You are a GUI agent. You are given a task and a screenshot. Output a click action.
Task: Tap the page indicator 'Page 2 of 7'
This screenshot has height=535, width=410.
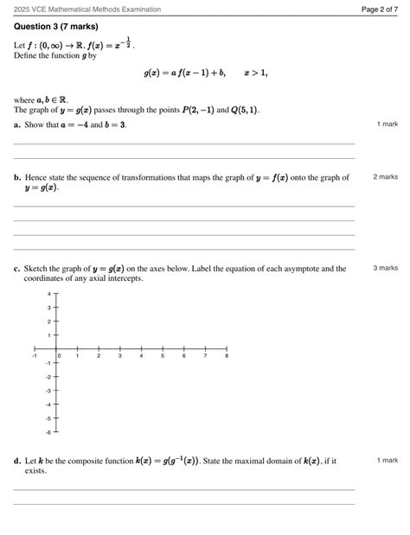tap(379, 9)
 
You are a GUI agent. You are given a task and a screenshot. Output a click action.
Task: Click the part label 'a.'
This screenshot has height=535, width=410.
tap(17, 125)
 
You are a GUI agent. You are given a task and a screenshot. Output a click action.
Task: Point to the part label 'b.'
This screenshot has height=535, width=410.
tap(17, 178)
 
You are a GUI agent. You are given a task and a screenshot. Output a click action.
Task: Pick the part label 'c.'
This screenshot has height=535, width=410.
tap(17, 269)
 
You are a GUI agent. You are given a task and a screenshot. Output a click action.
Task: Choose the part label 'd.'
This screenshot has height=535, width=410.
tap(17, 462)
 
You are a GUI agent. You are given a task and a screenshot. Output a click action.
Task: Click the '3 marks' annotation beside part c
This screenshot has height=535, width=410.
tap(386, 268)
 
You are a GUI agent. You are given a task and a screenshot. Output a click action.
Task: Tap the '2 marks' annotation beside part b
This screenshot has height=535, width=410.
tap(386, 177)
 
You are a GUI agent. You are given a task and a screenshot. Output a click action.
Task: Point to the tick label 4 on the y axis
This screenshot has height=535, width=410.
tap(50, 294)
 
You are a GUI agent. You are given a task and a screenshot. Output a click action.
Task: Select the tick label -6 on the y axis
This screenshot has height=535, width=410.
tap(48, 431)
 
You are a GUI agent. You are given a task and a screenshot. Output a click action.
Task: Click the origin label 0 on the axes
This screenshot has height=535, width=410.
tap(59, 356)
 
